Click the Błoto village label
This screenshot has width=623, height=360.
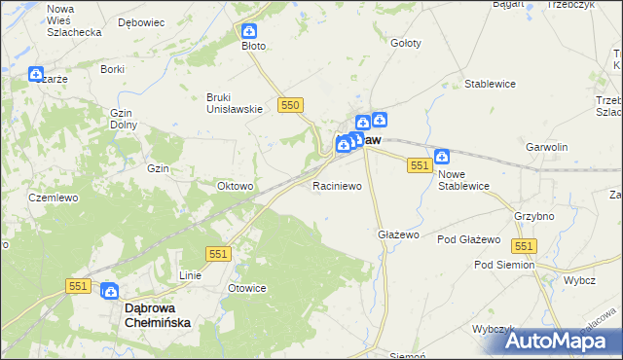(253, 46)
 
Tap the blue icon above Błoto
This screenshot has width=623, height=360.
(249, 31)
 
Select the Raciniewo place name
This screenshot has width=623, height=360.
(337, 185)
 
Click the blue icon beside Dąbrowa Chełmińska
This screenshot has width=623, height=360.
(109, 290)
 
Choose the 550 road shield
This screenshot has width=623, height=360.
(290, 104)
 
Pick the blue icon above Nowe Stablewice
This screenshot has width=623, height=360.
(442, 156)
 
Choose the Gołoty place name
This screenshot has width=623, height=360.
(405, 44)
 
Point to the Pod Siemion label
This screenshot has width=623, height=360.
(504, 265)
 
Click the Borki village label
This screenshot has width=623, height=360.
(113, 70)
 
